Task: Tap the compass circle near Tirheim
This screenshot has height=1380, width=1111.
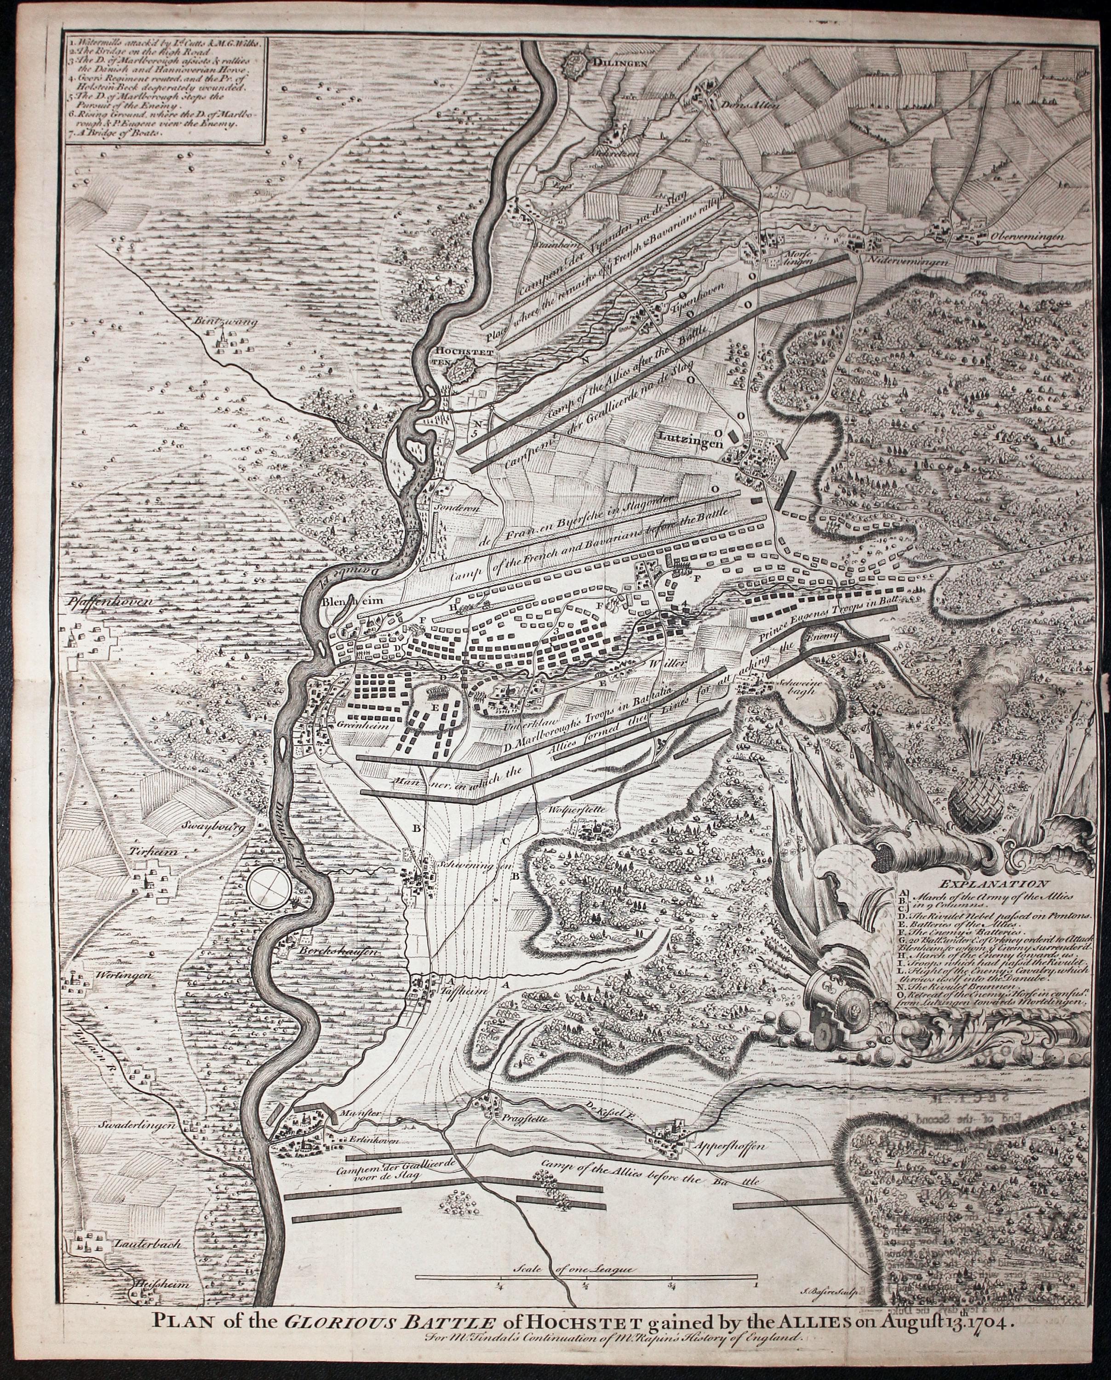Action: pos(271,885)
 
